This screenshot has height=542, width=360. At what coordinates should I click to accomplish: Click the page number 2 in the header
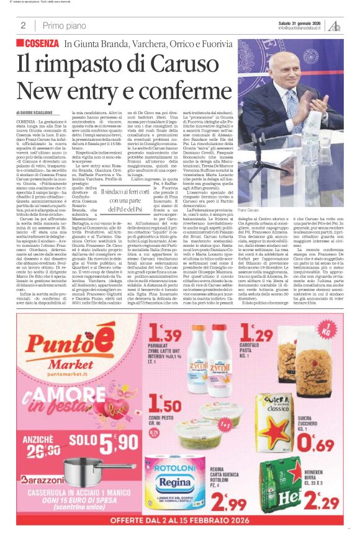[x=23, y=25]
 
